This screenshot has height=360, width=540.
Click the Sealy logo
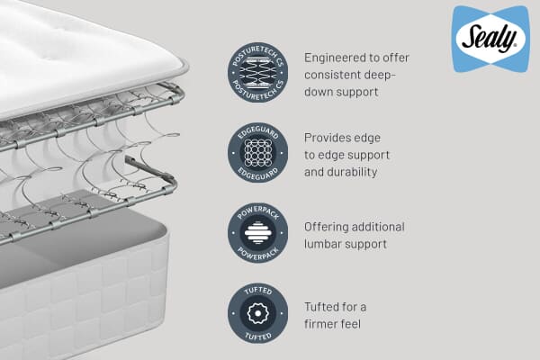click(x=490, y=39)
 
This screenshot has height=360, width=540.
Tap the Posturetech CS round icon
click(x=257, y=71)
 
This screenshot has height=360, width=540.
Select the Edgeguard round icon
click(x=257, y=154)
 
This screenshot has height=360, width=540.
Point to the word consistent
click(x=334, y=74)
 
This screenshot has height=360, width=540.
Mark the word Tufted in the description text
click(x=322, y=307)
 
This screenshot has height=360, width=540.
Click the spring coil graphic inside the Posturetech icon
click(x=257, y=71)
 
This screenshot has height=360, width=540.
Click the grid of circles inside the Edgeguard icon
click(x=257, y=154)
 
